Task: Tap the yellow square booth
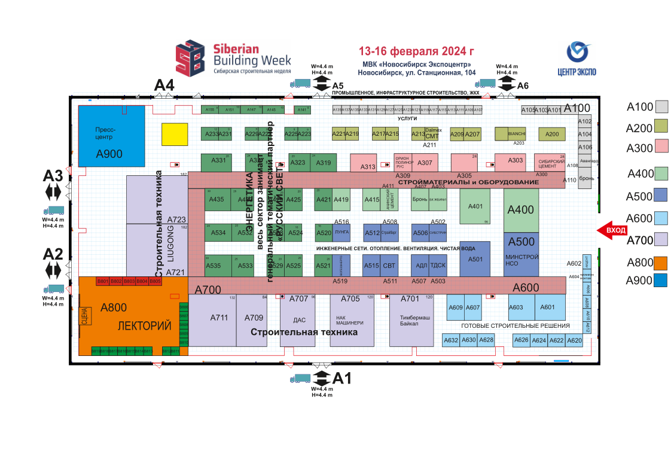point(174,134)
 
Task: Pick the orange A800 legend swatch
point(661,263)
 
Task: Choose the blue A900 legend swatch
point(661,280)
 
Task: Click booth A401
point(475,207)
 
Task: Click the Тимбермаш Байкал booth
point(411,320)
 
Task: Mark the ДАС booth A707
point(298,320)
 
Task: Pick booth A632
point(451,340)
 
